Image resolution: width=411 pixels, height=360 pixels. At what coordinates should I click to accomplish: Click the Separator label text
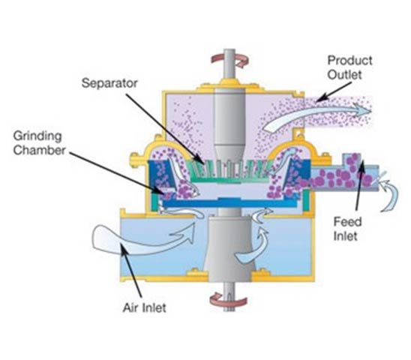point(109,83)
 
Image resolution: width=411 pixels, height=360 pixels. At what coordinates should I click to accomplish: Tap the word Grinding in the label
point(37,136)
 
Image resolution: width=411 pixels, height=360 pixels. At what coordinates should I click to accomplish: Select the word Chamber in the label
point(39,150)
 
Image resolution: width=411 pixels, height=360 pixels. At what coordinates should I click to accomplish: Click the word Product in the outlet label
point(349,61)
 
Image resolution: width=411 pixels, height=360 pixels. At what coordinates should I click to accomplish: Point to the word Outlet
point(344,75)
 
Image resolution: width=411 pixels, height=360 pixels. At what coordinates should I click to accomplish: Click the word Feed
point(347,222)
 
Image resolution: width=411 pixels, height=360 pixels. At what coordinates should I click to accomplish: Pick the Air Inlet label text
point(145,307)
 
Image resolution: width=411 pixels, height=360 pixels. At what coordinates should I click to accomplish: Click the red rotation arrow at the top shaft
point(230,61)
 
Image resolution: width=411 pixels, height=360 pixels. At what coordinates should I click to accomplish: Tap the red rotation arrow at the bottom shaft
point(229,300)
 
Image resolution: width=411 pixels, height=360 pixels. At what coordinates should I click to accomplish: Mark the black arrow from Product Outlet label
point(334,91)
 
